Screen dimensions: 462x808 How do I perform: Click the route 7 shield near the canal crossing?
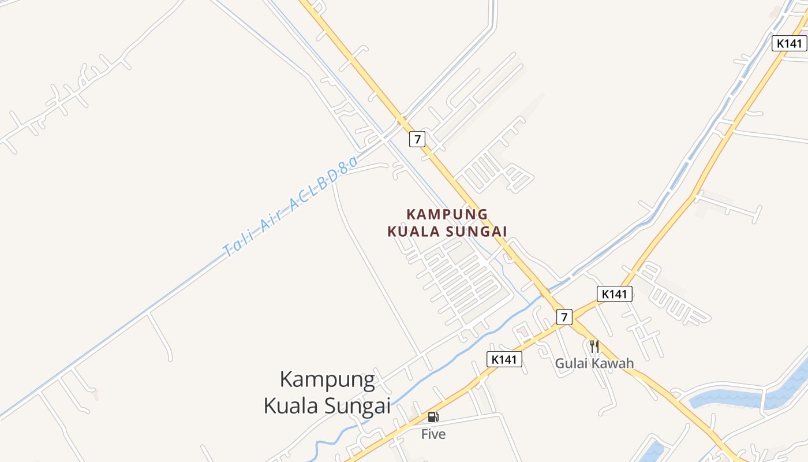417,139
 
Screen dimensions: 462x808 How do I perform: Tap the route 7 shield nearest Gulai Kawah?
564,316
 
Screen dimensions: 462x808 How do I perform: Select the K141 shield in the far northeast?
789,43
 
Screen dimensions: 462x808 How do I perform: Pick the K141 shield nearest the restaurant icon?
614,294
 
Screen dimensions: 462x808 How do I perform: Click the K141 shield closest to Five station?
504,359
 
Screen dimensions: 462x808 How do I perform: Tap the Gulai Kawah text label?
594,363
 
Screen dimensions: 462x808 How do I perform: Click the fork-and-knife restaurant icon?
594,346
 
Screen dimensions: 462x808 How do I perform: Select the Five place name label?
433,434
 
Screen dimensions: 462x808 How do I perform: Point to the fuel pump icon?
433,417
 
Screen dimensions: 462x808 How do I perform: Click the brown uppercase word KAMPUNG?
447,214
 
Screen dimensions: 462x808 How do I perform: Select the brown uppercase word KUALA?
412,232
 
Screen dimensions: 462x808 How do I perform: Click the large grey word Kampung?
327,379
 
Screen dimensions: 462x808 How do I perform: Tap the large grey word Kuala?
292,405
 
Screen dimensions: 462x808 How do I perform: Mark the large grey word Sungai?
358,405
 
